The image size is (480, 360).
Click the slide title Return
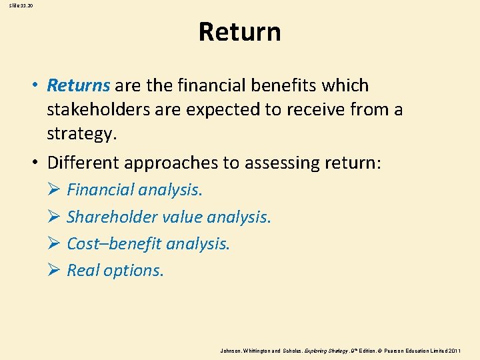239,32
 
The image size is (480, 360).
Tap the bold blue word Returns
79,86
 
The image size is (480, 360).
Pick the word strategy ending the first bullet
81,133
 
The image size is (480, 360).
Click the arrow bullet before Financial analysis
54,191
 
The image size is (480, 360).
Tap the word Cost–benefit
114,244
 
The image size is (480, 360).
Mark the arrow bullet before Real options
54,271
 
